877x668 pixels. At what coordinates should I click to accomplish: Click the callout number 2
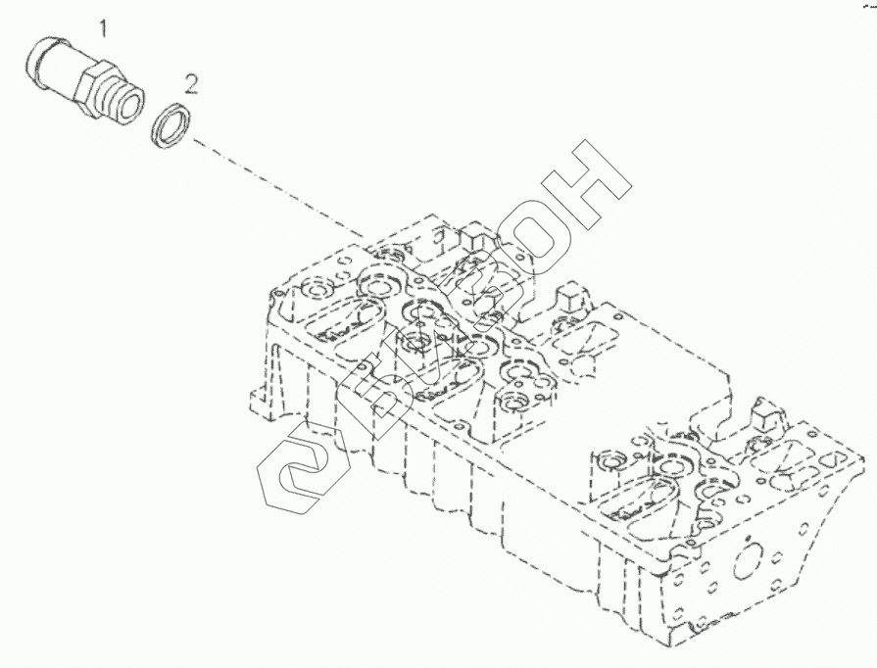191,82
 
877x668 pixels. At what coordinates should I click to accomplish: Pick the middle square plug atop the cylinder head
569,299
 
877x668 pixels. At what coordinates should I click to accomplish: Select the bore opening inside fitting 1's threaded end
131,104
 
